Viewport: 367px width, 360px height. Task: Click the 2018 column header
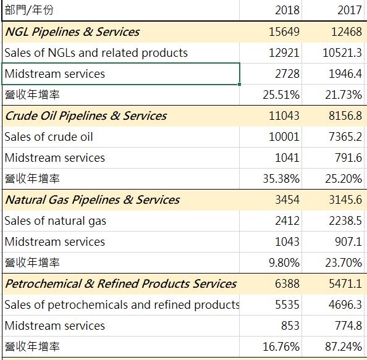[287, 10]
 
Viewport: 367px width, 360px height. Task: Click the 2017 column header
[350, 10]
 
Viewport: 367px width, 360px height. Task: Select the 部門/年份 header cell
[29, 10]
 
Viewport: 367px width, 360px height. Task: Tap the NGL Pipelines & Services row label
[72, 32]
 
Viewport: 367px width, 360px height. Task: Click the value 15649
[284, 31]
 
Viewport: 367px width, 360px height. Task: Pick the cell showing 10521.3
[342, 52]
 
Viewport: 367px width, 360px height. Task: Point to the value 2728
[287, 73]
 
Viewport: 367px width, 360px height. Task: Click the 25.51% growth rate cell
[281, 94]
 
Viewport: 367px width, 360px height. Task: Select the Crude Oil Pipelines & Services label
[86, 116]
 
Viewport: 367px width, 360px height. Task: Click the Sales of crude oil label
[49, 136]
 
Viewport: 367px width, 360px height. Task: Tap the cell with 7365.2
[345, 136]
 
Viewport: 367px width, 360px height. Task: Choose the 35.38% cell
[281, 178]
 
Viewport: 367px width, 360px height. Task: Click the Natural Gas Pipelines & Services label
[93, 200]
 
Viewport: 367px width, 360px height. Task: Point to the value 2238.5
[345, 220]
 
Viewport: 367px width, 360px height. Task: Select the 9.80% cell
[284, 262]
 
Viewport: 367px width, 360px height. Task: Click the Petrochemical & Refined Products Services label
[120, 284]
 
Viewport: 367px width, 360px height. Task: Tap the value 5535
[287, 304]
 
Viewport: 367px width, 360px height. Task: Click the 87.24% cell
[344, 346]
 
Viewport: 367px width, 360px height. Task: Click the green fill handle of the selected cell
[239, 84]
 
